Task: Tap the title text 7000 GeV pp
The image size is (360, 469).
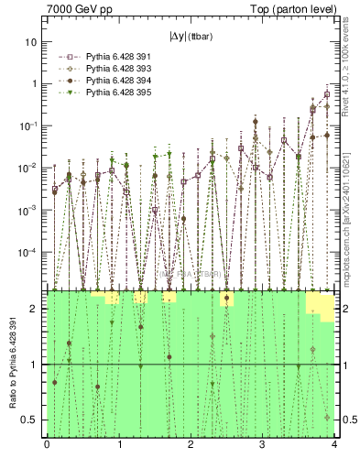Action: (75, 8)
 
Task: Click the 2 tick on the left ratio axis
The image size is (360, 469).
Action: (38, 309)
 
